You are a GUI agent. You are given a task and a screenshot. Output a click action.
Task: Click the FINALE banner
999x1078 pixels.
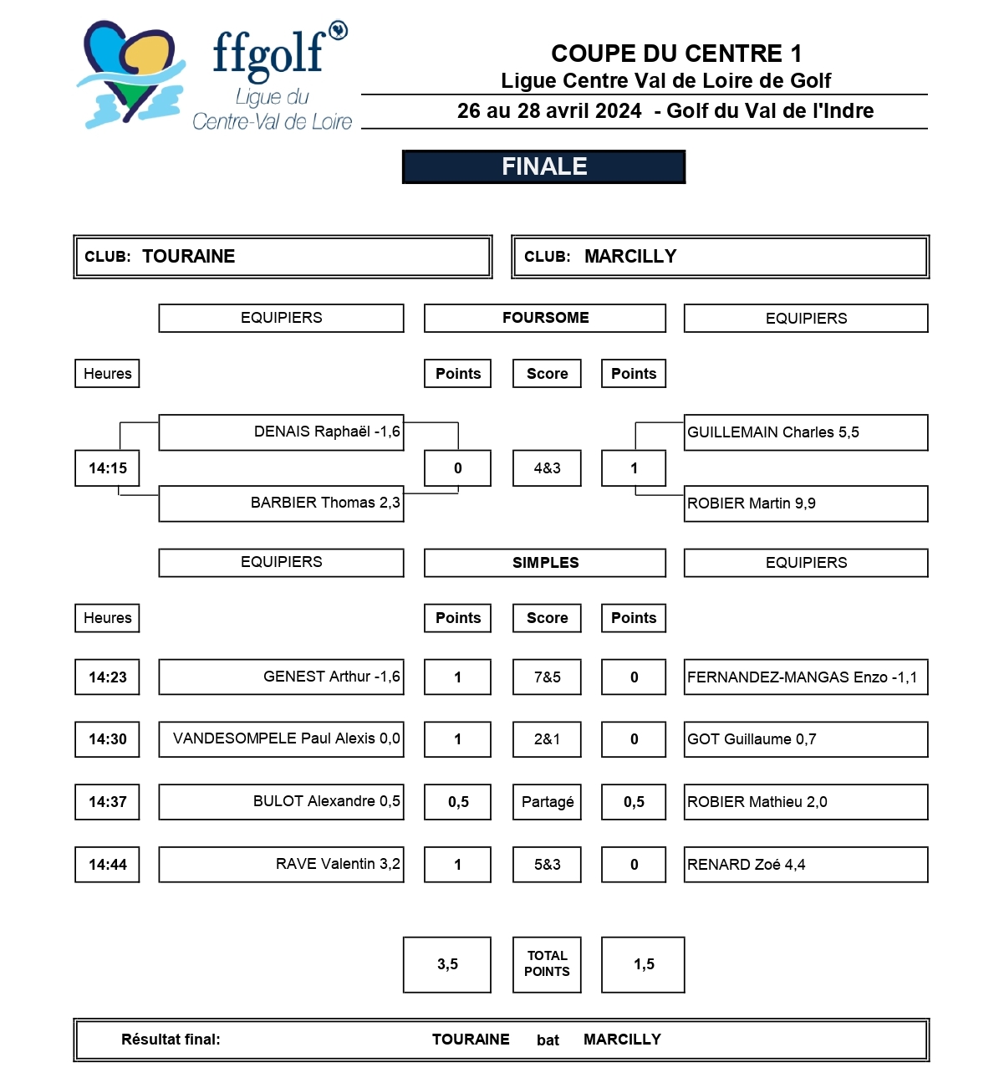point(544,166)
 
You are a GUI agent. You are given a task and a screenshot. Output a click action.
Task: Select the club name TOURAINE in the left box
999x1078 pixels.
point(189,257)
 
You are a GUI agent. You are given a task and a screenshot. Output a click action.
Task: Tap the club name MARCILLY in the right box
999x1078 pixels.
point(630,257)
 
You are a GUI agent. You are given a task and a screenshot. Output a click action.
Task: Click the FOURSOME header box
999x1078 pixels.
point(545,318)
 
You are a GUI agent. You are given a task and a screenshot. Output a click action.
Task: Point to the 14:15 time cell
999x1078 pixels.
point(108,468)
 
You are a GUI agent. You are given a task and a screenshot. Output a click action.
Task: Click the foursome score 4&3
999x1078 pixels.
point(547,468)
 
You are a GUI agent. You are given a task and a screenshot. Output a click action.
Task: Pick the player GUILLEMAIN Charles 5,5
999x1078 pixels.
point(772,432)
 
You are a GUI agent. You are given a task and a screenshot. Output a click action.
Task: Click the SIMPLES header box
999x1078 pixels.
point(545,563)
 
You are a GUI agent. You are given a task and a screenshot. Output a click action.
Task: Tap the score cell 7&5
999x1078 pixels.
point(547,677)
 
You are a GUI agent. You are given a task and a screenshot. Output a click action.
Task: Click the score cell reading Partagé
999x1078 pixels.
point(547,802)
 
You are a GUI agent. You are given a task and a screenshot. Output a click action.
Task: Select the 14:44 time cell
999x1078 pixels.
point(108,865)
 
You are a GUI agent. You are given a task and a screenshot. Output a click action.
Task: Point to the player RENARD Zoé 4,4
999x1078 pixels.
point(746,865)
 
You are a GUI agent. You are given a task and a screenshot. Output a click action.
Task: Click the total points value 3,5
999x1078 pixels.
point(447,964)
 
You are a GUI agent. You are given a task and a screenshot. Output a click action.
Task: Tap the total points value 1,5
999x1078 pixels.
point(644,964)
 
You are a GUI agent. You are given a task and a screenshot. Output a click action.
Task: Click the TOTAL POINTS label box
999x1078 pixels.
point(547,964)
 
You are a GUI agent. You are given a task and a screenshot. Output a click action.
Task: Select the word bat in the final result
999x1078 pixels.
point(548,1040)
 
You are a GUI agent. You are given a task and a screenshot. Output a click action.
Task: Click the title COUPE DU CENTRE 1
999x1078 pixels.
point(675,54)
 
